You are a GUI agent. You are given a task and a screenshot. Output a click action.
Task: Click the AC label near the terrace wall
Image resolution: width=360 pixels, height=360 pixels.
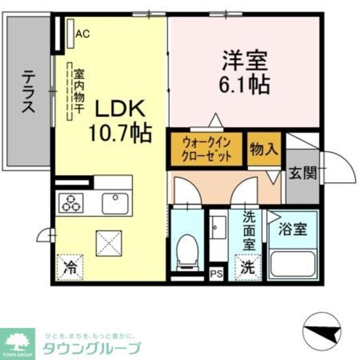pos(82,34)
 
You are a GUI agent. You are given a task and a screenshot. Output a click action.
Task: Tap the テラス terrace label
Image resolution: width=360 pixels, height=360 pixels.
pos(28,92)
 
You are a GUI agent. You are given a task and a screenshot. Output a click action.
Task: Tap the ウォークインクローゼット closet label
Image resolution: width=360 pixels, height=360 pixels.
pos(206,149)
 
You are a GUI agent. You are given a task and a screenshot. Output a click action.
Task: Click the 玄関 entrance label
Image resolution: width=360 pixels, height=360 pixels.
pos(302,175)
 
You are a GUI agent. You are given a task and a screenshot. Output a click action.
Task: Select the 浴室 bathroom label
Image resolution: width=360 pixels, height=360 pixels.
pos(293,229)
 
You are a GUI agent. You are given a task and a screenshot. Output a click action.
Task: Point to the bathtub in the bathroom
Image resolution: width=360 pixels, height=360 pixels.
pos(293,262)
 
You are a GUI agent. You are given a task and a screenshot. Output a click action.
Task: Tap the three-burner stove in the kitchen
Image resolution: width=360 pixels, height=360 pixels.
pos(72,204)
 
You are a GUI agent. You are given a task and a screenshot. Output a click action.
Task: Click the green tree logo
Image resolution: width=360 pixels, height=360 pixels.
pos(18,343)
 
